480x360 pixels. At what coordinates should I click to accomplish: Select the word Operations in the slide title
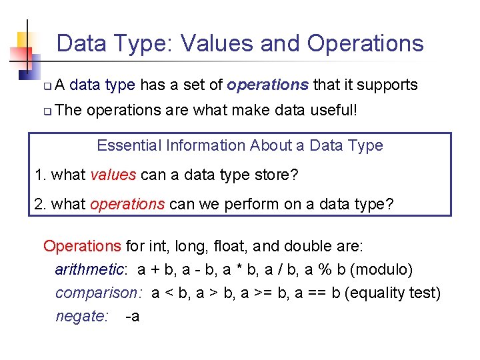pyautogui.click(x=365, y=44)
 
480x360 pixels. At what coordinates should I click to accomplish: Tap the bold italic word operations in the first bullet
pyautogui.click(x=267, y=85)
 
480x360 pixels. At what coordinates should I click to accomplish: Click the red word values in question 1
pyautogui.click(x=113, y=175)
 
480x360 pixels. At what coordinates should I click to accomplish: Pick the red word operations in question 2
pyautogui.click(x=127, y=203)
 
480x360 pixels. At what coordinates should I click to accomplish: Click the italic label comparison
pyautogui.click(x=98, y=293)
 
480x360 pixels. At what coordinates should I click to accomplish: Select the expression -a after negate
pyautogui.click(x=132, y=316)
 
